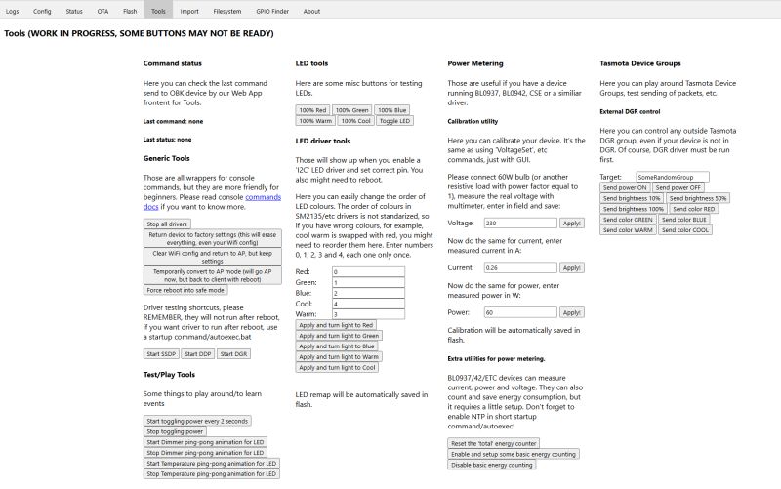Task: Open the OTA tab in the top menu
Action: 103,11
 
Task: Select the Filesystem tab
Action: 226,11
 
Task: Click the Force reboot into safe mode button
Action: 186,290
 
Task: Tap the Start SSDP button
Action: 161,353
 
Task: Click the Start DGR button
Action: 232,353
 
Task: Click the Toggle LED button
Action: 394,121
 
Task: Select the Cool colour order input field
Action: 367,303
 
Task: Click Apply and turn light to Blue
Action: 337,346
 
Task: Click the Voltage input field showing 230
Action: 520,224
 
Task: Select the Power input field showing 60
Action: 520,312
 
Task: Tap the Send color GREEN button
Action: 628,220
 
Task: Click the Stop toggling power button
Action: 175,431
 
